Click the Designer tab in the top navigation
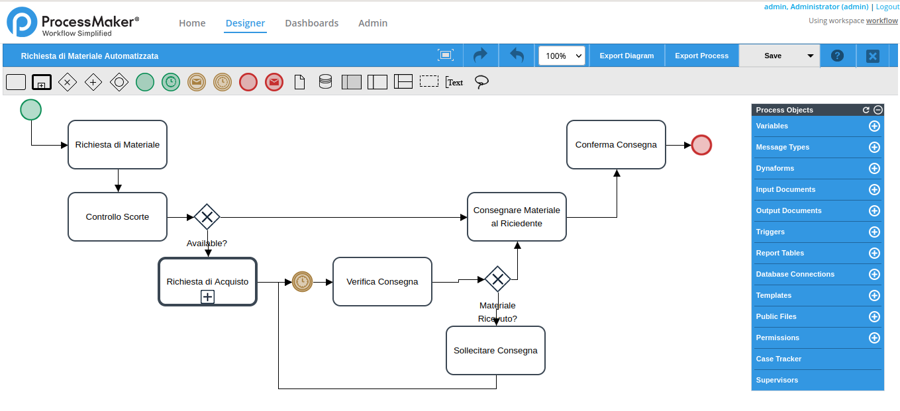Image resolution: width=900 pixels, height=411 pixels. click(x=245, y=23)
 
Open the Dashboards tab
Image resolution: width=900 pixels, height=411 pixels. click(x=311, y=23)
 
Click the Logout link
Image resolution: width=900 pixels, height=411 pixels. click(x=887, y=7)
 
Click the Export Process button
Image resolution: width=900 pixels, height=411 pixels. click(x=701, y=56)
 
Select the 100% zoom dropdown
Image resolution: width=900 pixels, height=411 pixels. click(x=562, y=56)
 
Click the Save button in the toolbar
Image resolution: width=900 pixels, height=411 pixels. click(x=772, y=56)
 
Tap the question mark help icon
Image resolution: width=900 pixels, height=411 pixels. click(x=837, y=56)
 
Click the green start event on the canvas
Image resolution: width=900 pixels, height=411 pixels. click(x=30, y=110)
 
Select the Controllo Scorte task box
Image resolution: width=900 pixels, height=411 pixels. click(x=117, y=216)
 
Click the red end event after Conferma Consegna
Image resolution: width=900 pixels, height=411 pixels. click(x=701, y=145)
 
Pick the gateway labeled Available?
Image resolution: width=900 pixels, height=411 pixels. click(x=207, y=216)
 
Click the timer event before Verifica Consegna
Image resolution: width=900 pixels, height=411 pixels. click(x=302, y=282)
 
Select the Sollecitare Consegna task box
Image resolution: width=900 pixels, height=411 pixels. click(x=495, y=350)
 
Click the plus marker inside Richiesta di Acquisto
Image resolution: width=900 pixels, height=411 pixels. click(x=207, y=297)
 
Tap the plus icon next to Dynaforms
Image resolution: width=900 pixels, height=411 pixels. click(x=874, y=168)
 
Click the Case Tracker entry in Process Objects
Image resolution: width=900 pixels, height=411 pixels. click(x=779, y=359)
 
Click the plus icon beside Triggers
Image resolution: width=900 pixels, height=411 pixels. click(x=874, y=232)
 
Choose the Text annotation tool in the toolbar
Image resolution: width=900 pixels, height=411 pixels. click(x=454, y=82)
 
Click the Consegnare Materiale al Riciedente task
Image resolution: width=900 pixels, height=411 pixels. click(x=517, y=216)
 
